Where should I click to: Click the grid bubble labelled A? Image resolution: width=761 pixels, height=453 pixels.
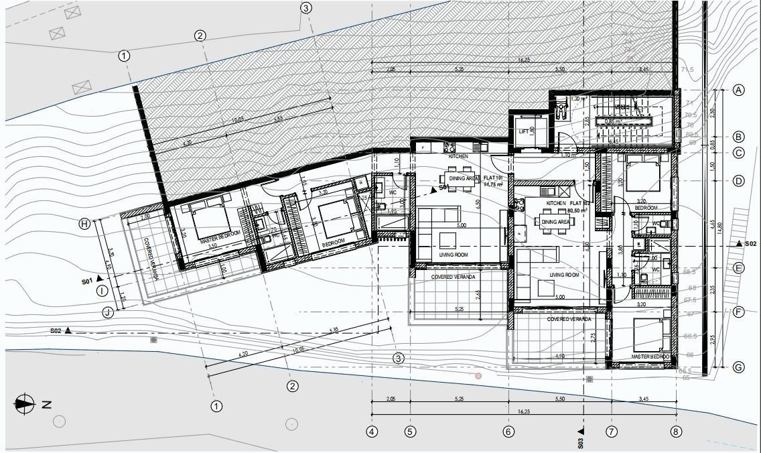[x=739, y=90]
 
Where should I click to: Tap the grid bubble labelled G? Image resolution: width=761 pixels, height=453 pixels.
[x=739, y=367]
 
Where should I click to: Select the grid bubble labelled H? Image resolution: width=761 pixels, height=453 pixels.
[x=84, y=224]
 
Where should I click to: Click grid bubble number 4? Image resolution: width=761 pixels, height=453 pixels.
[x=372, y=432]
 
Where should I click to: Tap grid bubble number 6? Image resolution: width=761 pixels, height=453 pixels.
[x=508, y=432]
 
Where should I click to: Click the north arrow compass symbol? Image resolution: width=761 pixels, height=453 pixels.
[x=25, y=403]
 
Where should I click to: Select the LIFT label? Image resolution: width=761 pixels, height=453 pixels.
[x=524, y=131]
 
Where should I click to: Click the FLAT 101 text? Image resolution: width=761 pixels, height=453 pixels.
[x=494, y=178]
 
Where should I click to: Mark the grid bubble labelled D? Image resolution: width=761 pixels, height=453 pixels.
[x=739, y=180]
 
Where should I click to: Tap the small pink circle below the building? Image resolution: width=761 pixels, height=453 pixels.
[x=478, y=376]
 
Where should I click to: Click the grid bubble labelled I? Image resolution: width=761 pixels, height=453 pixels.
[x=101, y=291]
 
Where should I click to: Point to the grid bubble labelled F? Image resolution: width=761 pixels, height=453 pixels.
[x=739, y=312]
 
